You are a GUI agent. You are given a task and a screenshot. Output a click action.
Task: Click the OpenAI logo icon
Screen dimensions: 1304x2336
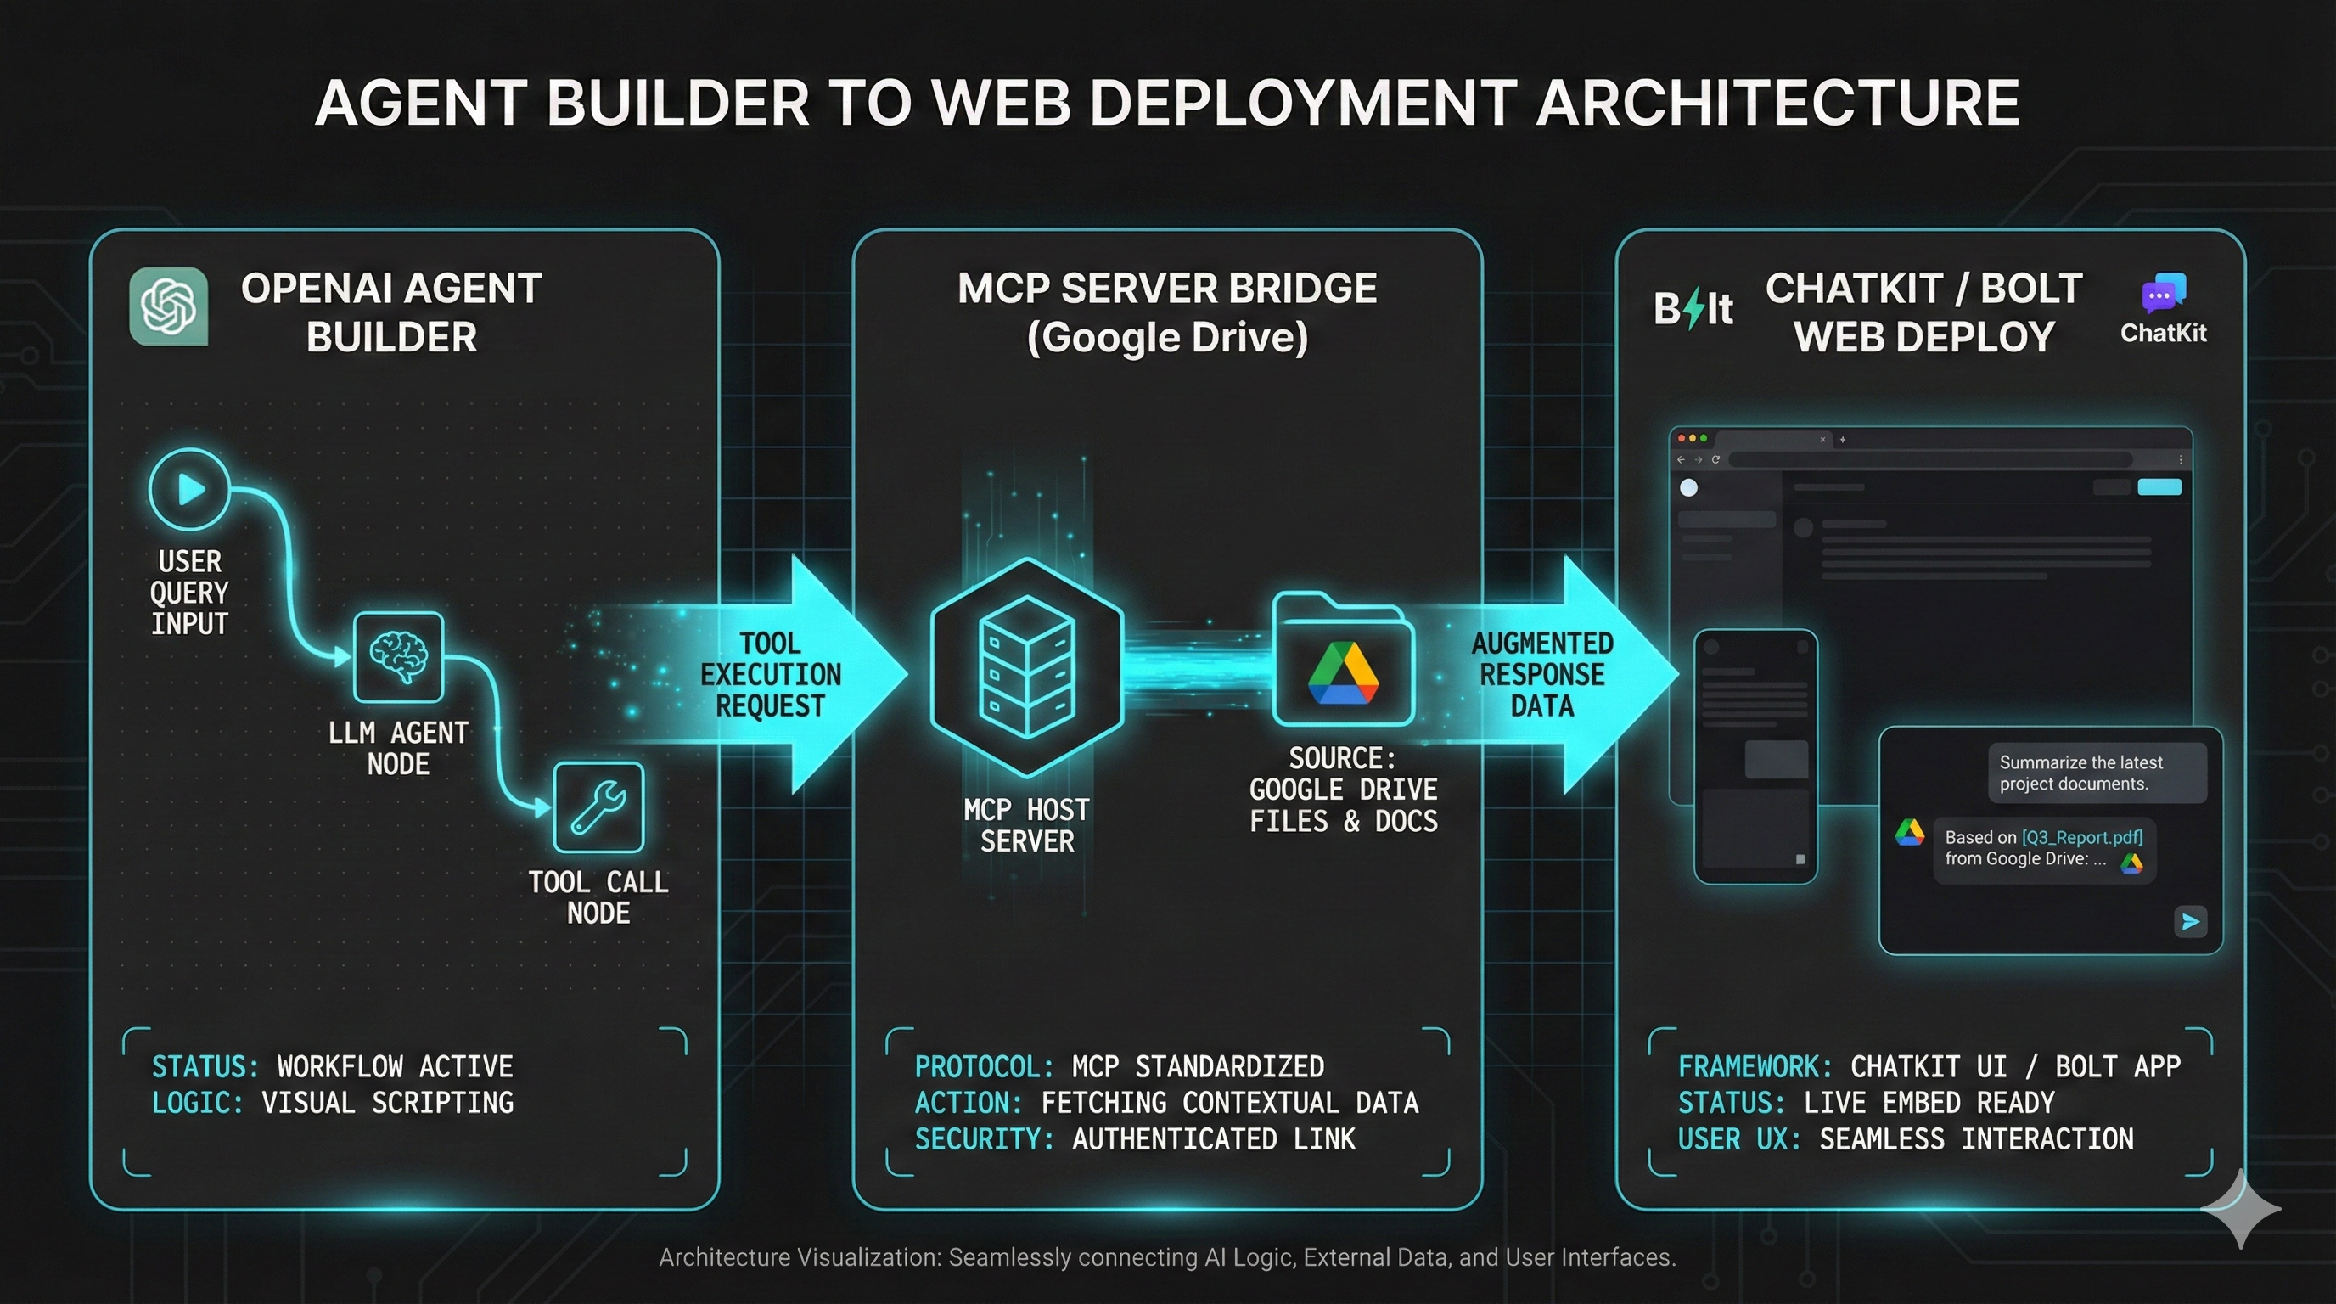(x=169, y=306)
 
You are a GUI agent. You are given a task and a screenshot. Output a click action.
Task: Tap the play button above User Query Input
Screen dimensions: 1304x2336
(x=189, y=490)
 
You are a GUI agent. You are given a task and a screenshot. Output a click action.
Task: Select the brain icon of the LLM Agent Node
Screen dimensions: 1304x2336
(x=398, y=656)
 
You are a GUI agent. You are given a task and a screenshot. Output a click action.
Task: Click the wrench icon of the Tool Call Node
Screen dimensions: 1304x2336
(x=598, y=807)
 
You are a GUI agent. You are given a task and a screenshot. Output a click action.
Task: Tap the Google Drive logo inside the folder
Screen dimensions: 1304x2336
(x=1343, y=674)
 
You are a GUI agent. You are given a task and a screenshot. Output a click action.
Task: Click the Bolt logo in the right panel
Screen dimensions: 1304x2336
(x=1692, y=309)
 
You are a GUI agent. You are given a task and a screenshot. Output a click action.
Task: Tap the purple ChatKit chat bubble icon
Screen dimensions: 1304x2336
(x=2163, y=294)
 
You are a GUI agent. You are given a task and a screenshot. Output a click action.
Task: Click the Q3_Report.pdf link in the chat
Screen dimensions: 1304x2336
(x=2081, y=837)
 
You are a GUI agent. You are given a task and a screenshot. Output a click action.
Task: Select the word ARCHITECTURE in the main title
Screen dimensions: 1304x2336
(x=1777, y=103)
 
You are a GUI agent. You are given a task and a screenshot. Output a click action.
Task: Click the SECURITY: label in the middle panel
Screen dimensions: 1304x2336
(x=984, y=1139)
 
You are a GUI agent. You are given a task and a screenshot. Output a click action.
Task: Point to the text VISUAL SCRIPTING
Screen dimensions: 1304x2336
(x=387, y=1103)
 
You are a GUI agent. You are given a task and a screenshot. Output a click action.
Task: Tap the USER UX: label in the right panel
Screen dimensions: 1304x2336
(x=1738, y=1139)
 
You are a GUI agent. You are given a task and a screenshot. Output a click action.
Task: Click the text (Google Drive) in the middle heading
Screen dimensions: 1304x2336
(x=1167, y=337)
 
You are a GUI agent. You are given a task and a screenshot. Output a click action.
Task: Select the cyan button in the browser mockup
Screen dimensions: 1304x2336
(x=2159, y=487)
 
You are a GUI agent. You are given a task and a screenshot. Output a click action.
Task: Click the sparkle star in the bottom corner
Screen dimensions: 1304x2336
(x=2241, y=1208)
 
